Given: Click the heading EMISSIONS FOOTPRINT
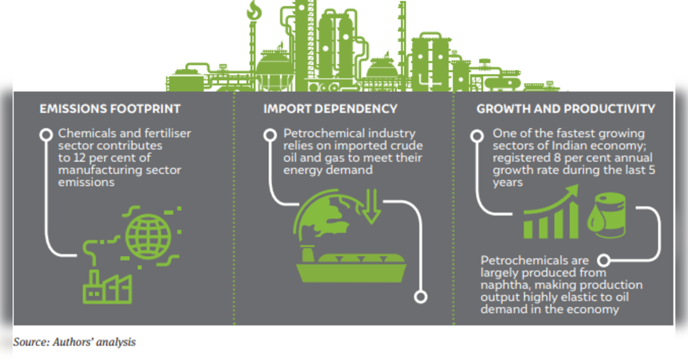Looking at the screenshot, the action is [110, 109].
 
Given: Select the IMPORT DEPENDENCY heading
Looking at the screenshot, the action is [330, 109].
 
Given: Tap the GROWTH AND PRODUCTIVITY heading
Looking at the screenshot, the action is [566, 109].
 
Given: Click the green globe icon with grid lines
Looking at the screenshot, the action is [148, 237].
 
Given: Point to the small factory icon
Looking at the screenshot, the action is [107, 287].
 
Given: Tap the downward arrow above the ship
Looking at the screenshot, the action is [372, 206].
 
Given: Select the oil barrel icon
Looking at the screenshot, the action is [607, 215].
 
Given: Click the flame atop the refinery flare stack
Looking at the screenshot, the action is [254, 10].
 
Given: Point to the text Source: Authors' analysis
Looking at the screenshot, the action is [75, 342].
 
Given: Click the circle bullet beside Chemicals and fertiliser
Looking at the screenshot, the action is [45, 134].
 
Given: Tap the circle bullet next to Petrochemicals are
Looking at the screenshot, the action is [604, 261].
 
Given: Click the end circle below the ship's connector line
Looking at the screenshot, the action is [420, 297].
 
